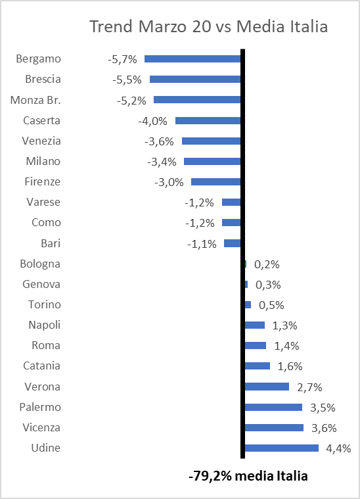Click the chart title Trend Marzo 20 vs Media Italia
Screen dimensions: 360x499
pyautogui.click(x=209, y=26)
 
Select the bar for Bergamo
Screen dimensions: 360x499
pyautogui.click(x=192, y=59)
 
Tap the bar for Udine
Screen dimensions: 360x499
pyautogui.click(x=282, y=448)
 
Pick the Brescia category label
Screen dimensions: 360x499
pyautogui.click(x=43, y=80)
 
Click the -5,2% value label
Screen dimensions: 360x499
pyautogui.click(x=131, y=101)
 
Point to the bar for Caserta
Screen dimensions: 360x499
pyautogui.click(x=208, y=120)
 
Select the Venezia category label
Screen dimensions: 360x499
pyautogui.click(x=41, y=141)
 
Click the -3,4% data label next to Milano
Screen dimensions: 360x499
pyautogui.click(x=162, y=162)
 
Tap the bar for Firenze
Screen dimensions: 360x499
pyautogui.click(x=216, y=181)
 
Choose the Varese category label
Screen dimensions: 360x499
pyautogui.click(x=43, y=202)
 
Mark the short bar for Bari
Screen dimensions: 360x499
pyautogui.click(x=233, y=243)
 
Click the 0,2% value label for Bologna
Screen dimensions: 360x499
pyautogui.click(x=267, y=264)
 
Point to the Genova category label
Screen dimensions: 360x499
pyautogui.click(x=41, y=284)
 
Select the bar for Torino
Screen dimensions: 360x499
pyautogui.click(x=248, y=305)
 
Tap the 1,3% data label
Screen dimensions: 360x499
pyautogui.click(x=285, y=325)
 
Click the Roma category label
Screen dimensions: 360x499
pyautogui.click(x=46, y=345)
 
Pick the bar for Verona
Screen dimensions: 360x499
pyautogui.click(x=267, y=387)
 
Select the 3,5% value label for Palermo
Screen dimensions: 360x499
pyautogui.click(x=323, y=408)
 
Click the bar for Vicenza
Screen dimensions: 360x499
pyautogui.click(x=274, y=428)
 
